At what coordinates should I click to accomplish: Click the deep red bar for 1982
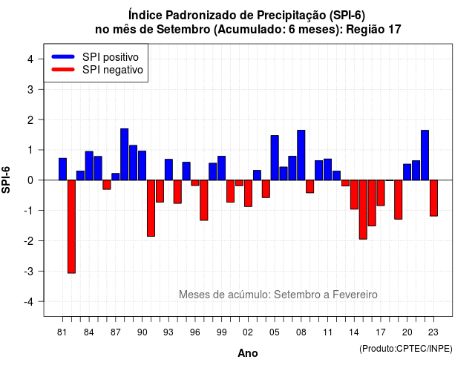pos(71,226)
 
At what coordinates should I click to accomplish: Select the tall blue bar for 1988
pos(124,154)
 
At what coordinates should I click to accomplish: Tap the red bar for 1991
pos(151,208)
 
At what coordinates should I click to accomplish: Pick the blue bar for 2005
pos(275,158)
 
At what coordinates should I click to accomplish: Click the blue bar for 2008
pos(301,155)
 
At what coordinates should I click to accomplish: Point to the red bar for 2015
pos(363,209)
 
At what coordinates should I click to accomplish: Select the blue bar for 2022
pos(425,155)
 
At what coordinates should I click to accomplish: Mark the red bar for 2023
pos(433,198)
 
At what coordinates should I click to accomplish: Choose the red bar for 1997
pos(204,200)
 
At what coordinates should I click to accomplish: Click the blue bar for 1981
pos(62,169)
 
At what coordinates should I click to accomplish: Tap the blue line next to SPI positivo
pos(63,56)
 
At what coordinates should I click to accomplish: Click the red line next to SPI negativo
pos(63,70)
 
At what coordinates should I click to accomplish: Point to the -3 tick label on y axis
pos(29,272)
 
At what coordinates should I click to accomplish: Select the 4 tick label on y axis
pos(30,59)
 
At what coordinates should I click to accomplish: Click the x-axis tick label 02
pos(248,332)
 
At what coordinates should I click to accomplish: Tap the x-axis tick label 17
pos(381,332)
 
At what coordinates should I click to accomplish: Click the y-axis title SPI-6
pos(6,180)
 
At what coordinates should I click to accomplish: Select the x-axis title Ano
pos(248,353)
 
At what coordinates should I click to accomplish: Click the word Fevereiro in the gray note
pos(355,295)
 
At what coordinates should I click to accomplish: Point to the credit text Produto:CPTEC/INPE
pos(406,349)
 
